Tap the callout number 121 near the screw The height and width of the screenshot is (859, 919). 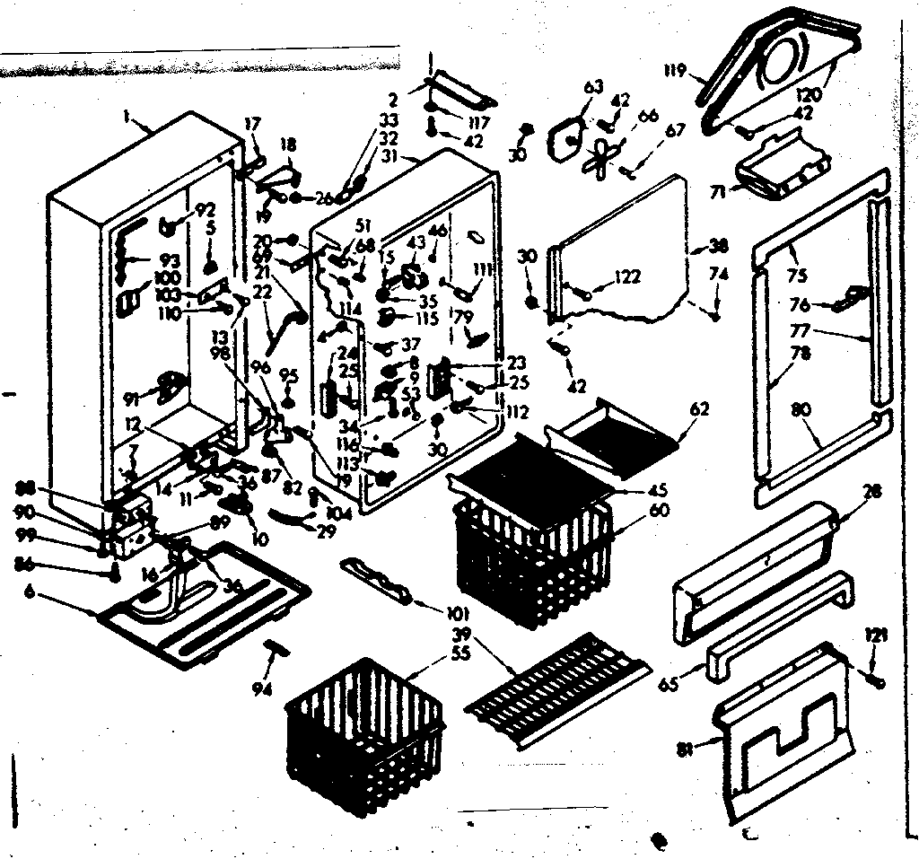[x=877, y=635]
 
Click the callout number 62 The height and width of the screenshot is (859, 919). [x=699, y=409]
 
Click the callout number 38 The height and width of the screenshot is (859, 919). [x=718, y=245]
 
